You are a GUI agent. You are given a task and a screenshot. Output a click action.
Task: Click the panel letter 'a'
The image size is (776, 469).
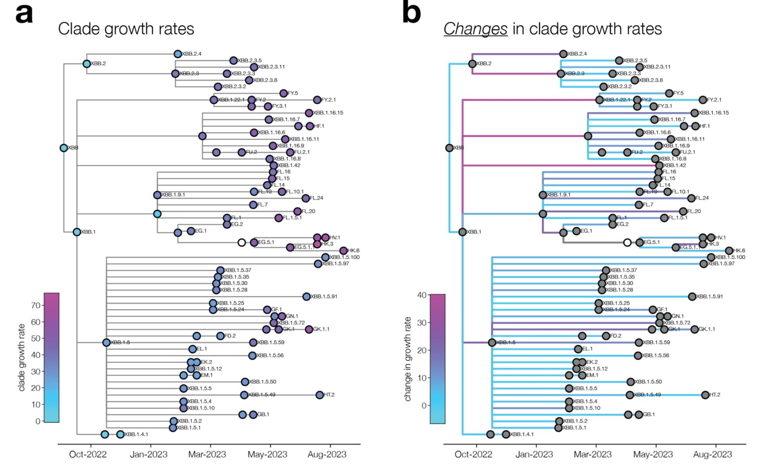pyautogui.click(x=24, y=14)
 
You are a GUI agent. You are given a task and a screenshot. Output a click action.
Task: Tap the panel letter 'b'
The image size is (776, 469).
pyautogui.click(x=411, y=13)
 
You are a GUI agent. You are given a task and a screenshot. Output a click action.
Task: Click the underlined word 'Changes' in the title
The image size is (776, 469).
pyautogui.click(x=475, y=29)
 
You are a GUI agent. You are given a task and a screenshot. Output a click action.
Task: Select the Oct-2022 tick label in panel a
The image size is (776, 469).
pyautogui.click(x=88, y=454)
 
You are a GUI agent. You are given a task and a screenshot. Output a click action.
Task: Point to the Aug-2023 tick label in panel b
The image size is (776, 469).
pyautogui.click(x=712, y=454)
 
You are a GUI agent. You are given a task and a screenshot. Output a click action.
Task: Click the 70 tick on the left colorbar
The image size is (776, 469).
pyautogui.click(x=36, y=305)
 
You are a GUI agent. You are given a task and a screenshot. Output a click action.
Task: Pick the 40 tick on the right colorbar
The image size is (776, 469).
pyautogui.click(x=422, y=295)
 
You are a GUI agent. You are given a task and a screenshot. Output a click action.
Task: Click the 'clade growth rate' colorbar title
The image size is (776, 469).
pyautogui.click(x=22, y=357)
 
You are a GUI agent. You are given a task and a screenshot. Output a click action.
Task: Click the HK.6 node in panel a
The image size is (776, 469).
pyautogui.click(x=343, y=251)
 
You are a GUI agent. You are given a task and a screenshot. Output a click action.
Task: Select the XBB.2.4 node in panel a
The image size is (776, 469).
pyautogui.click(x=178, y=54)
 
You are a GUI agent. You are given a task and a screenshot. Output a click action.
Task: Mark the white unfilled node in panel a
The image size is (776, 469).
pyautogui.click(x=242, y=242)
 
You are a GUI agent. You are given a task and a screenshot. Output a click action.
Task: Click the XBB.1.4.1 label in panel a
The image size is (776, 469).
pyautogui.click(x=136, y=434)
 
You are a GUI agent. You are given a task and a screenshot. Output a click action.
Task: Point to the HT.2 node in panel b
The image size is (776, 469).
pyautogui.click(x=705, y=395)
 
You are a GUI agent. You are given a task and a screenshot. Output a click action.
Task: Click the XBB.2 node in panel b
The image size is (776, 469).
pyautogui.click(x=472, y=64)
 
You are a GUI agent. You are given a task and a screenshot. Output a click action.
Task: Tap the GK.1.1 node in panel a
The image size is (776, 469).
pyautogui.click(x=309, y=329)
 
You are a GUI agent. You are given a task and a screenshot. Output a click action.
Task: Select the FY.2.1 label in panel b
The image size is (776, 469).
pyautogui.click(x=714, y=100)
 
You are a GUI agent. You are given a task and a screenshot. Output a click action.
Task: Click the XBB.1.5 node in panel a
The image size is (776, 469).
pyautogui.click(x=106, y=343)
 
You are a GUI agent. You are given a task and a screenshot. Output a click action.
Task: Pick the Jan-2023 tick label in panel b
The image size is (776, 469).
pyautogui.click(x=534, y=454)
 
